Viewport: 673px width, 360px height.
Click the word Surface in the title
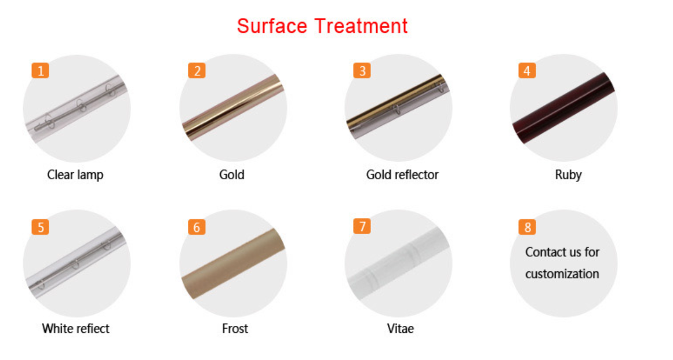pos(272,26)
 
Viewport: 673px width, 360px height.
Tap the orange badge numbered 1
pos(41,70)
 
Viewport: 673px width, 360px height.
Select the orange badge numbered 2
pos(197,70)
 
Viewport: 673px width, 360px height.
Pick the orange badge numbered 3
pos(362,70)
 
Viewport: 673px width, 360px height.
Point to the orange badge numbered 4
pos(527,70)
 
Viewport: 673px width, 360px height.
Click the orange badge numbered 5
pos(41,227)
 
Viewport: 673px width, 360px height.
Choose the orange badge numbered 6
pos(197,227)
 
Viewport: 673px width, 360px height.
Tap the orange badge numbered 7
pos(362,226)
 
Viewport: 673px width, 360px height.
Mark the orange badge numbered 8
pos(527,227)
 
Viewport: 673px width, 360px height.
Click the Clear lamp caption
pos(75,175)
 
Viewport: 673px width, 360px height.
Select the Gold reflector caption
pos(402,174)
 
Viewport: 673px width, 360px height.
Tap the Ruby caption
pos(568,175)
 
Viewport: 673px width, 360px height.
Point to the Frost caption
pos(235,329)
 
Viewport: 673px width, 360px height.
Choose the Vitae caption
pos(401,329)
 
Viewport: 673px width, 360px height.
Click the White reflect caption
pos(75,329)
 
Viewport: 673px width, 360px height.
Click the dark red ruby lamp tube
pos(563,108)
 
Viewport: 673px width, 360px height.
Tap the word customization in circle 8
pos(562,274)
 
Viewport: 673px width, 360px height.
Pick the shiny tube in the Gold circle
pos(233,107)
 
